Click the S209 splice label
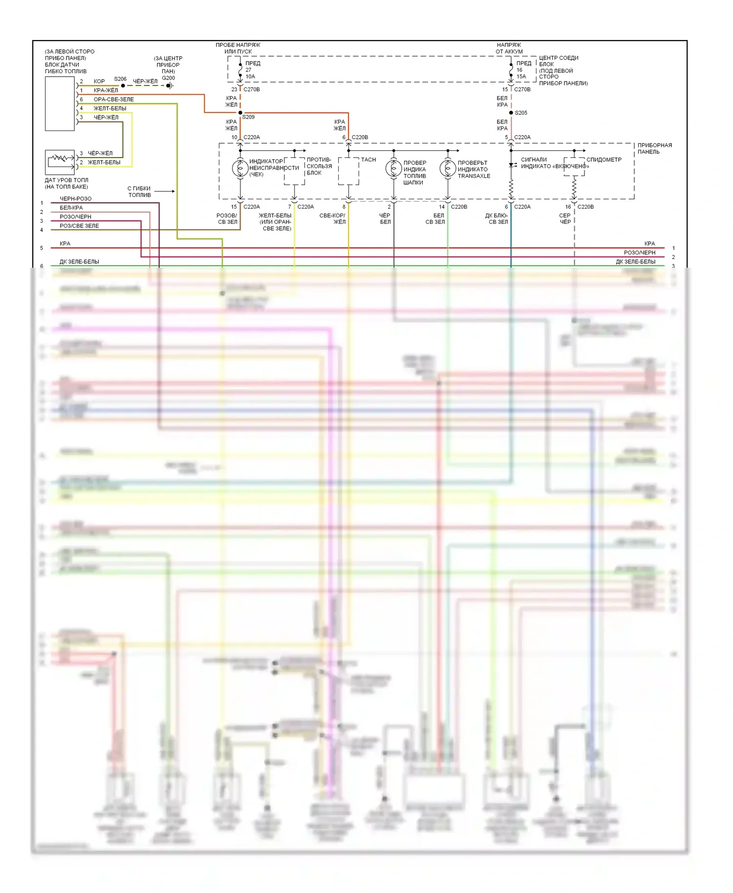coord(248,117)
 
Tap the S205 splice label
coord(521,113)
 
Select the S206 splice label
coord(120,79)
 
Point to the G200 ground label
coord(168,78)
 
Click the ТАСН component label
coord(368,160)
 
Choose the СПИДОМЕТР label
coord(604,160)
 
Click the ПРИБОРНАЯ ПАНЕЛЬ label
coord(654,149)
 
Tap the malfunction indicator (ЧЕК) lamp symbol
coord(240,168)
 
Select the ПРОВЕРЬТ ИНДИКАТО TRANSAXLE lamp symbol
coord(448,168)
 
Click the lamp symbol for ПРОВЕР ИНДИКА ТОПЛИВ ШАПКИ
coord(393,168)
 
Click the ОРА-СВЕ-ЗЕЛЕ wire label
coord(113,99)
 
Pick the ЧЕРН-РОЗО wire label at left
coord(75,199)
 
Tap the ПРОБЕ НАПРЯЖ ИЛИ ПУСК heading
coord(238,48)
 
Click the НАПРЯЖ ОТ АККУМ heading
coord(509,48)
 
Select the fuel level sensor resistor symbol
coord(60,158)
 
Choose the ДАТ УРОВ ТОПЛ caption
coord(66,183)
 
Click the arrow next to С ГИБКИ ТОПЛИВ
coord(166,191)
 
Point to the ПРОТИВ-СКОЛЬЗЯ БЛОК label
coord(319,166)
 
